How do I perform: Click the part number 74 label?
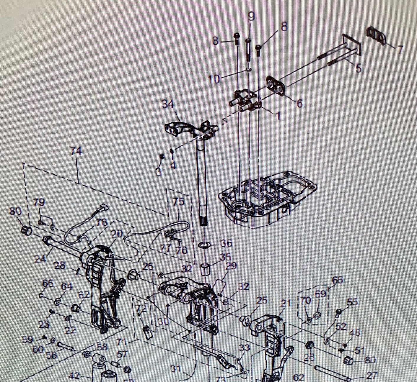[x=76, y=151]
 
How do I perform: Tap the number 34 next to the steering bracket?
[x=168, y=104]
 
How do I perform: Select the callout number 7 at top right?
[x=400, y=50]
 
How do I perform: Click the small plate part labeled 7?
[x=376, y=35]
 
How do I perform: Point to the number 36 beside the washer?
[x=227, y=243]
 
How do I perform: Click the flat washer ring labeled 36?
[x=204, y=245]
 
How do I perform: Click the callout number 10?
[x=214, y=79]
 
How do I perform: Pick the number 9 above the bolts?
[x=251, y=16]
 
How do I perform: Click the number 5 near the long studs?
[x=358, y=68]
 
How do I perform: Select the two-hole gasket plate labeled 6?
[x=276, y=86]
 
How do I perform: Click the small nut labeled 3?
[x=162, y=156]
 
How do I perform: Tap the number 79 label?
[x=39, y=202]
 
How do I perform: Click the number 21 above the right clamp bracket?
[x=285, y=304]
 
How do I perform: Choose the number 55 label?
[x=352, y=302]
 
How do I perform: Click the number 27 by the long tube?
[x=372, y=375]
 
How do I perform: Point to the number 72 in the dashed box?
[x=141, y=309]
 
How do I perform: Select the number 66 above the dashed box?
[x=338, y=280]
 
